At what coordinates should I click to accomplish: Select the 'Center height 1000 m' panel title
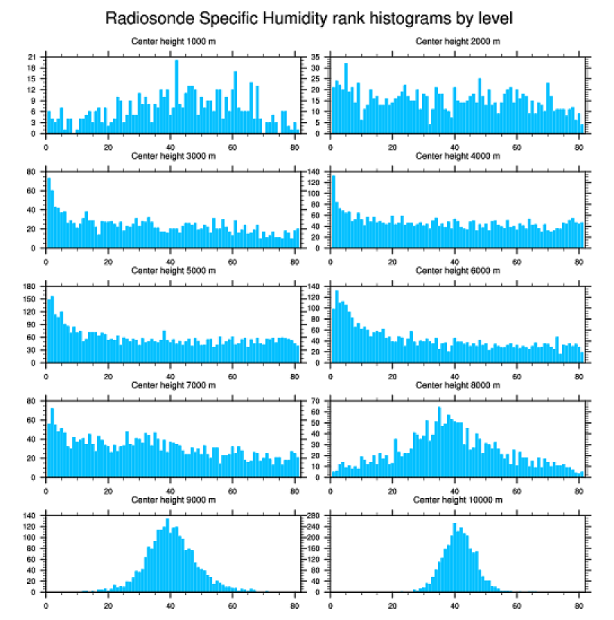click(173, 41)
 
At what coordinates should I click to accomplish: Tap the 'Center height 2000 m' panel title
click(457, 41)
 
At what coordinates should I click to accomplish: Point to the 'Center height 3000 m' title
click(173, 156)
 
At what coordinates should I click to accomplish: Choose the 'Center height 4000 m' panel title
click(457, 156)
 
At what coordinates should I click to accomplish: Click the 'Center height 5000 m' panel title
click(173, 270)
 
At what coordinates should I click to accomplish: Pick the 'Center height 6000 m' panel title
click(457, 270)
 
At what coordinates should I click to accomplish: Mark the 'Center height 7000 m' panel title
click(173, 384)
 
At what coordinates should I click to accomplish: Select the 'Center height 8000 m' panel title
click(457, 384)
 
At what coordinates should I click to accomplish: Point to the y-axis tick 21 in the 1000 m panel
click(33, 57)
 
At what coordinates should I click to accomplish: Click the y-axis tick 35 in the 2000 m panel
click(317, 57)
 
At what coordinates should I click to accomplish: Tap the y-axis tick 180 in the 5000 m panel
click(32, 286)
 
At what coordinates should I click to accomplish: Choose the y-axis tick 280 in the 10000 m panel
click(315, 515)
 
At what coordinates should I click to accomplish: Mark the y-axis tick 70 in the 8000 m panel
click(317, 400)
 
